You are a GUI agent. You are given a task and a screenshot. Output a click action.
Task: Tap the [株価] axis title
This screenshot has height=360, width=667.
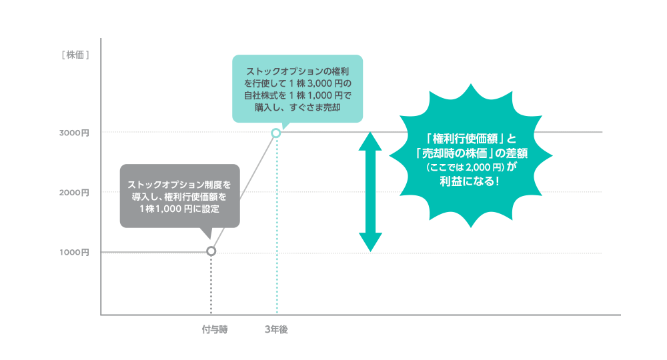(75, 55)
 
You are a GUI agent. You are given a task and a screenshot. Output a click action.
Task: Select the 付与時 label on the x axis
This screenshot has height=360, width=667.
(211, 329)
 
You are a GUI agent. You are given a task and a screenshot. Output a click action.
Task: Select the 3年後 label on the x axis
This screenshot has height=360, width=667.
(276, 329)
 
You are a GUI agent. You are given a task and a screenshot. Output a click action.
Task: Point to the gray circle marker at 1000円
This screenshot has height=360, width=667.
(211, 251)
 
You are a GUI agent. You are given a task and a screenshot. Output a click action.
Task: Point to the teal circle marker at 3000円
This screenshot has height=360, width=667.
(276, 133)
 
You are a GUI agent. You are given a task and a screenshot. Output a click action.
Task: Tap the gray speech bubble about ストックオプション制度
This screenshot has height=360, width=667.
(179, 195)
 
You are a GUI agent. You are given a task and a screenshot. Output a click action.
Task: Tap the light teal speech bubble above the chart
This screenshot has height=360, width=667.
(297, 89)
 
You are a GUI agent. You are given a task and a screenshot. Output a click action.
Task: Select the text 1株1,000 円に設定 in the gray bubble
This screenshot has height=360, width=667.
(179, 209)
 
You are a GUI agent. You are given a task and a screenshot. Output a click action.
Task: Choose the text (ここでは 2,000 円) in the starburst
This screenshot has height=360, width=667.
(461, 168)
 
